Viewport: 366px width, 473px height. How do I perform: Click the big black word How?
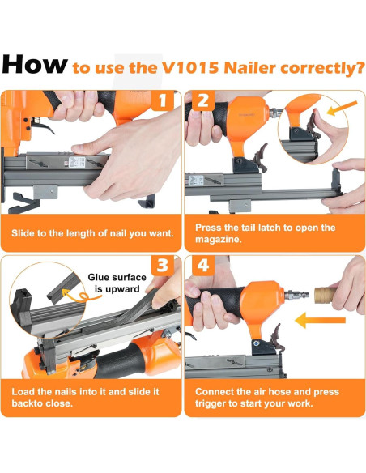click(34, 64)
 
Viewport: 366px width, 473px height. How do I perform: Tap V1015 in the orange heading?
click(190, 67)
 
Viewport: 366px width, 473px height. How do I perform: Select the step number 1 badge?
click(163, 100)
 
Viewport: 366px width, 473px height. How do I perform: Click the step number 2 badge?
click(203, 100)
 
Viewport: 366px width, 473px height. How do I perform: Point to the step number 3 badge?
click(163, 266)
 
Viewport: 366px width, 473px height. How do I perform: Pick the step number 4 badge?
click(203, 266)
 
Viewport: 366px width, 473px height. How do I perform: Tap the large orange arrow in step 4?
click(320, 320)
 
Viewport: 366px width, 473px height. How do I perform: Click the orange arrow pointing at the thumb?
click(342, 109)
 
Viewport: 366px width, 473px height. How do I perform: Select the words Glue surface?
click(117, 277)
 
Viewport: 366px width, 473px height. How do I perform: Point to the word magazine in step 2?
click(219, 240)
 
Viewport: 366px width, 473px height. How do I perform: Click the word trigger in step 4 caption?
click(211, 403)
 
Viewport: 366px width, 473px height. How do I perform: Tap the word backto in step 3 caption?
click(28, 403)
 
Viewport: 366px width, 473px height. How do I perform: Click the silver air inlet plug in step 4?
click(296, 295)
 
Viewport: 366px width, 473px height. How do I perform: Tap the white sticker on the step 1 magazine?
click(77, 163)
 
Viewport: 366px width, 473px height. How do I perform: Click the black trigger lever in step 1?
click(43, 126)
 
